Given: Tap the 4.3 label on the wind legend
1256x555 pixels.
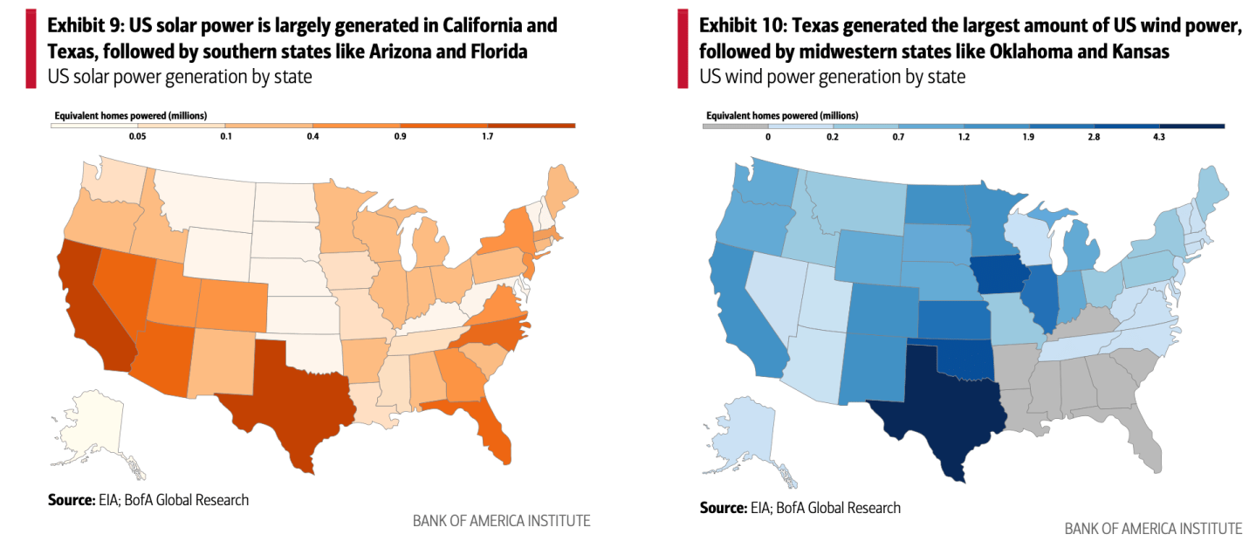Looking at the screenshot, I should pos(1158,137).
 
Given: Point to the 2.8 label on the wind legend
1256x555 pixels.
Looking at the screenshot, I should pos(1094,137).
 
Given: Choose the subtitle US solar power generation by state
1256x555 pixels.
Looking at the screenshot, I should pos(180,77).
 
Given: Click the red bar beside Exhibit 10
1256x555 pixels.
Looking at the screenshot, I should pos(682,51).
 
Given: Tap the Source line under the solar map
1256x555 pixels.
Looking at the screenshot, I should pos(148,500).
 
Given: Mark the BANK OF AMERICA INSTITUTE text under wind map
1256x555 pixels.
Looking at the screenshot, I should pos(1153,528).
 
